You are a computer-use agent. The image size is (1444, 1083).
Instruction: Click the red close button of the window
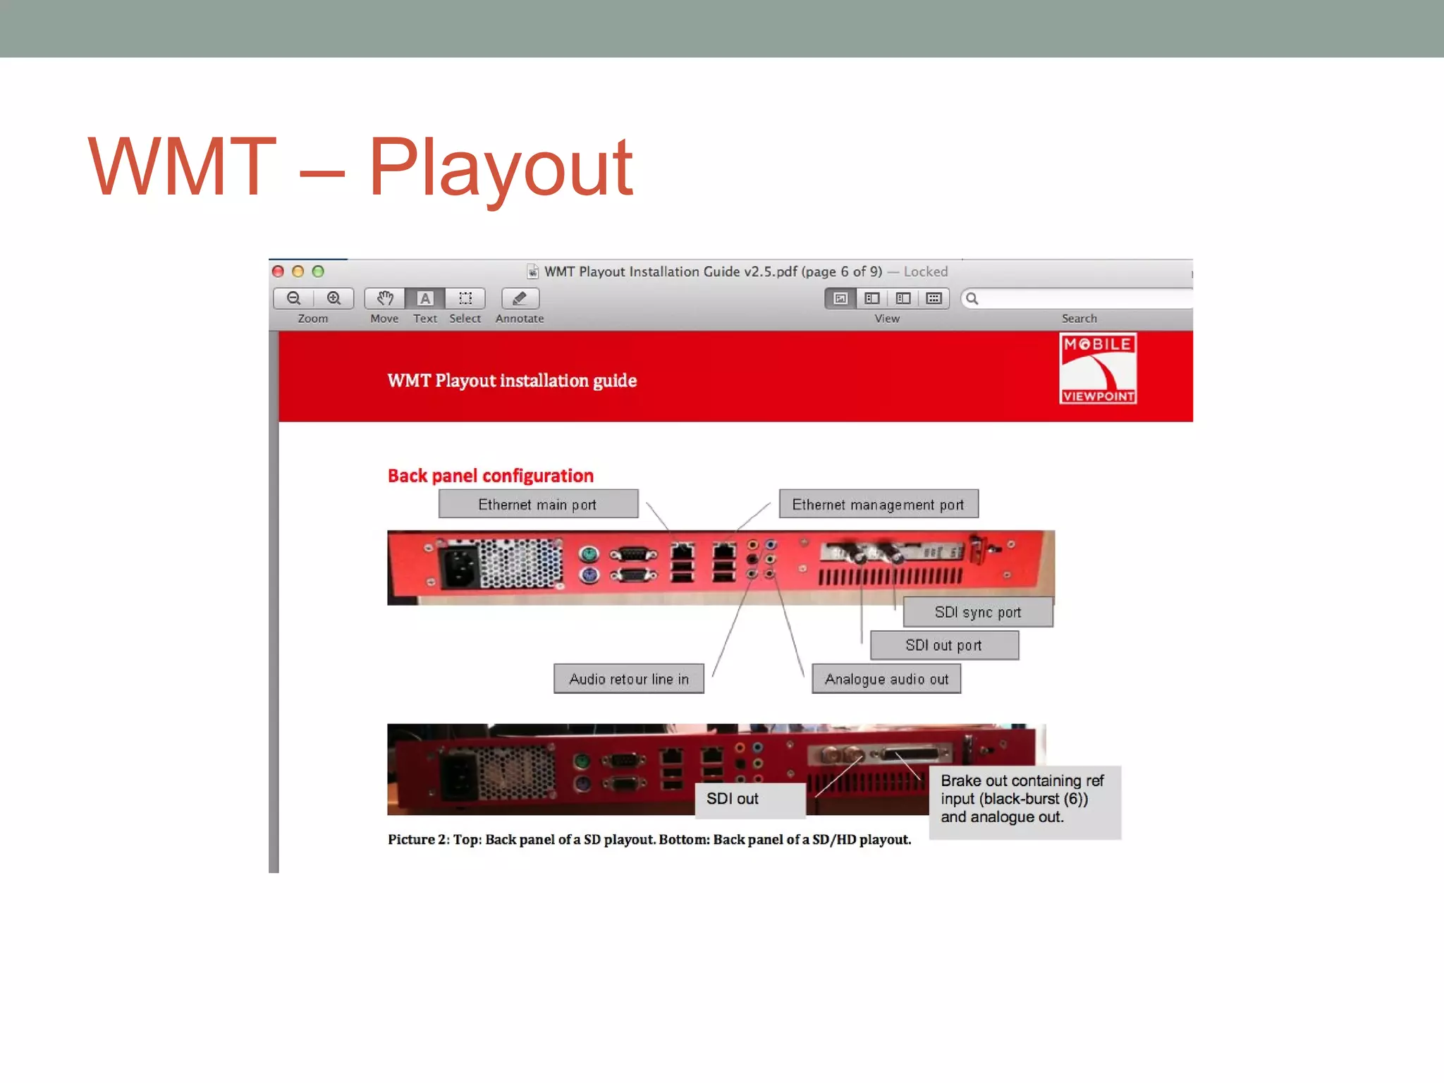(x=278, y=271)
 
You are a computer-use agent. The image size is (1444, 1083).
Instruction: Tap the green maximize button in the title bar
(x=318, y=271)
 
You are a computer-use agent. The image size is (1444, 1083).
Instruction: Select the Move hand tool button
(x=385, y=298)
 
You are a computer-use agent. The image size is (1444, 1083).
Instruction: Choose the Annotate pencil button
(x=520, y=298)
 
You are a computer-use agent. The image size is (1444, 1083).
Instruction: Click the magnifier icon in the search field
(x=972, y=298)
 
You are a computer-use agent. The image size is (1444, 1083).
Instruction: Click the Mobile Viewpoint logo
(x=1097, y=369)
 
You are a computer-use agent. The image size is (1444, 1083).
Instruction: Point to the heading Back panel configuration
(x=491, y=476)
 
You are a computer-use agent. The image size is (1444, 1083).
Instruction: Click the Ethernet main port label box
(x=538, y=505)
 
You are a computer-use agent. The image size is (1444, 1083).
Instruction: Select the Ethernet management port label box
(x=878, y=505)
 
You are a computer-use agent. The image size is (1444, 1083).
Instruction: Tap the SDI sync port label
(x=977, y=612)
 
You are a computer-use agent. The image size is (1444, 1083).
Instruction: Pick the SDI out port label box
(x=943, y=645)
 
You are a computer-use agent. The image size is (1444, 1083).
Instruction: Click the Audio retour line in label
(x=628, y=679)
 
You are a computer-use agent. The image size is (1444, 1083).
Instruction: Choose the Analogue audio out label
(x=886, y=679)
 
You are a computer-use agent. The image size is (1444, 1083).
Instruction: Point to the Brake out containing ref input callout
(x=1024, y=800)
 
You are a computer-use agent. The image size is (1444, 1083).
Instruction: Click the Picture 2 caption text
(x=649, y=840)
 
